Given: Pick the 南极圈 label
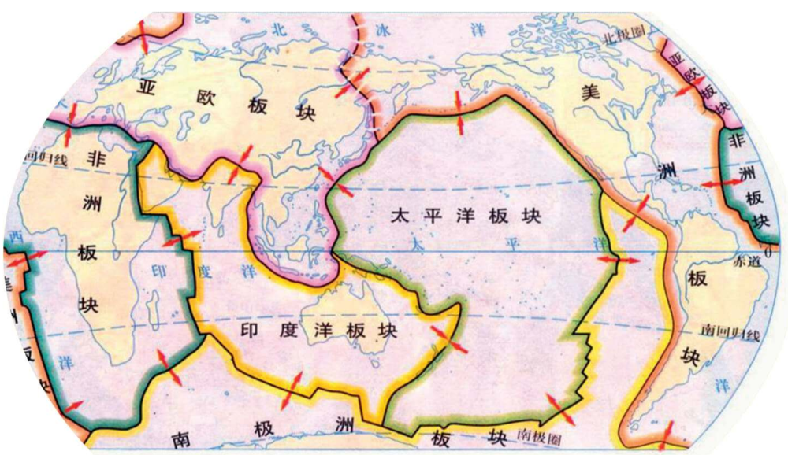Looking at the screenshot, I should pos(538,434).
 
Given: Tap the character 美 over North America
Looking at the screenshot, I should pos(590,91).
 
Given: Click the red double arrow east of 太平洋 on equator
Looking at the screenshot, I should pos(619,259).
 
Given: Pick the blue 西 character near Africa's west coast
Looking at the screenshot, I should pos(13,236).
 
